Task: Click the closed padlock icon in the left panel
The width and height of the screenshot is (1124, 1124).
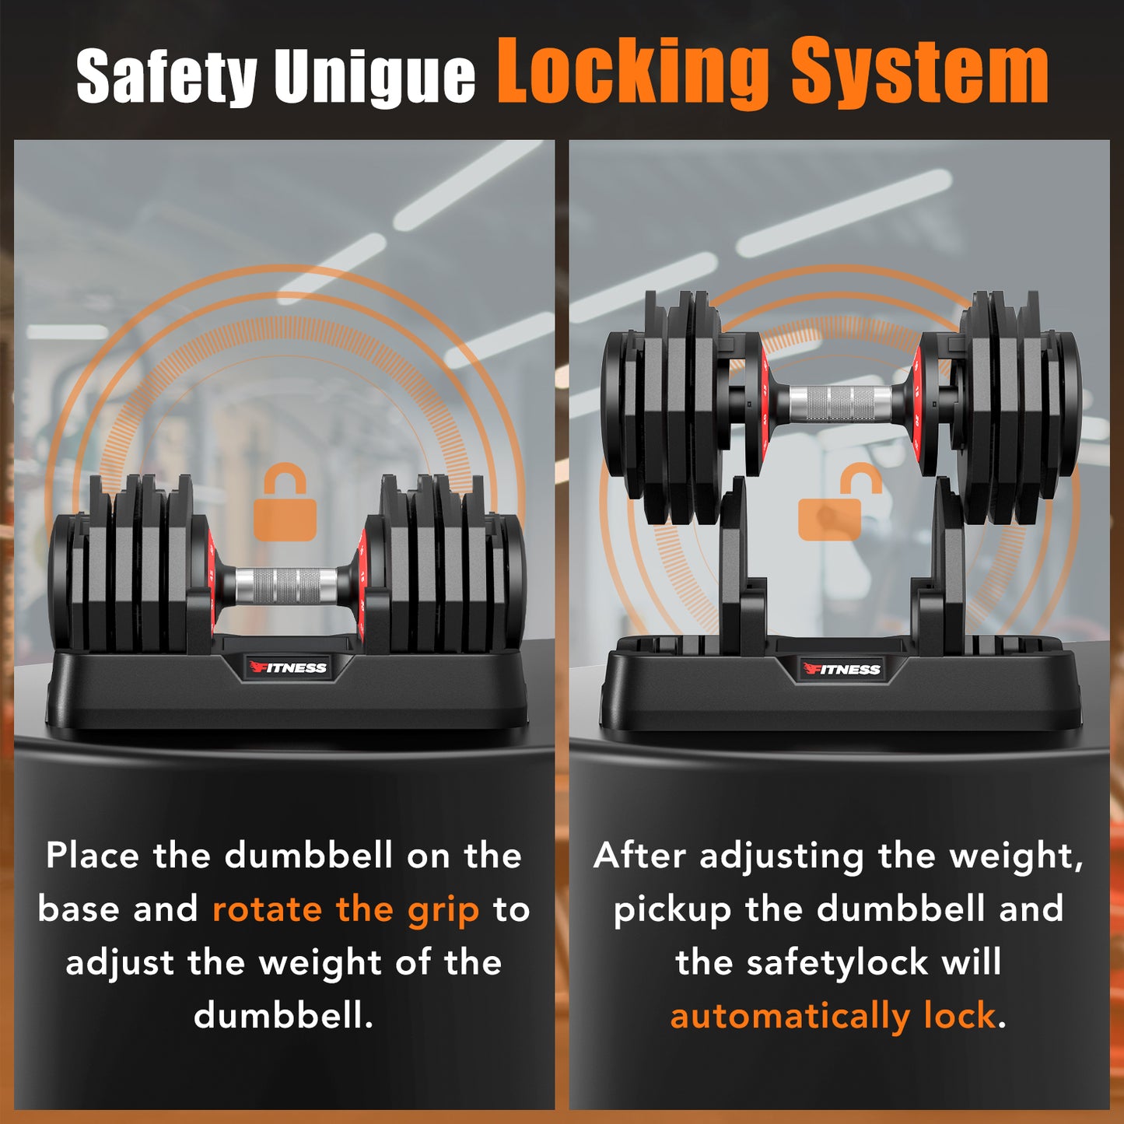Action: pos(285,503)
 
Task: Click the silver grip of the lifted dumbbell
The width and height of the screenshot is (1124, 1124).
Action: pos(840,402)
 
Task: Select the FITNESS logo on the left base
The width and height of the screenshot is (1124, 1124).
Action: pos(288,667)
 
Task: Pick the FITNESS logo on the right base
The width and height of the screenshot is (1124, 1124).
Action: pos(841,669)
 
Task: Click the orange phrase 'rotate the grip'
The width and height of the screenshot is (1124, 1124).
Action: pos(345,909)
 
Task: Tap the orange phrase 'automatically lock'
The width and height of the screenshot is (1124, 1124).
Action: pos(833,1015)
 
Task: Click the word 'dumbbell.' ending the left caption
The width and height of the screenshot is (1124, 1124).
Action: pos(284,1015)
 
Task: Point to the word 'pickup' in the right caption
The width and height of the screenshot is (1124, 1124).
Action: pos(672,910)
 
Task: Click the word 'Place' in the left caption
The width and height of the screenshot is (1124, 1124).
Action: pos(92,856)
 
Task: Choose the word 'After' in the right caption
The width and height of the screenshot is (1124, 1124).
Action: pos(639,856)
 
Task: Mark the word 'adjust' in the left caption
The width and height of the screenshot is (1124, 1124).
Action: pos(120,964)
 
